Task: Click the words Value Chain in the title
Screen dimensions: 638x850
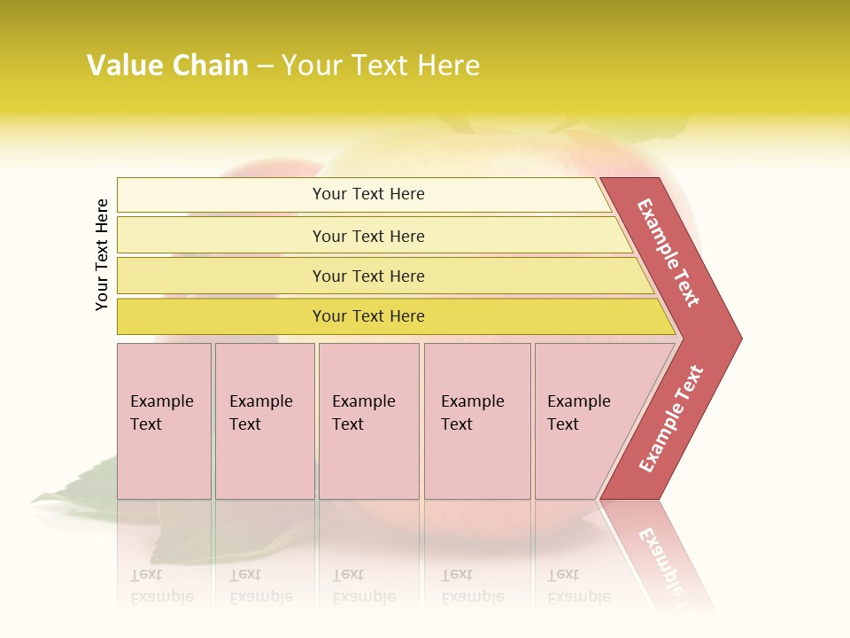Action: tap(167, 66)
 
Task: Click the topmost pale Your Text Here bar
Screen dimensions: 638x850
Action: tap(368, 194)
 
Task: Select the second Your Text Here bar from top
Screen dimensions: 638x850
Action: tap(368, 236)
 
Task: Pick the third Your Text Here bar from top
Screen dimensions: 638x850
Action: tap(368, 276)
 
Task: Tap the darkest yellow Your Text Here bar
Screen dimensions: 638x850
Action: tap(368, 316)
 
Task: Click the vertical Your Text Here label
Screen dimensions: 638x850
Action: tap(102, 254)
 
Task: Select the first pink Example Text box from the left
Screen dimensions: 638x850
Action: tap(164, 421)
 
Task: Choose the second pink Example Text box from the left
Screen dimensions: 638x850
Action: tap(264, 421)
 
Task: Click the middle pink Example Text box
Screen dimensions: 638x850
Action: tap(368, 421)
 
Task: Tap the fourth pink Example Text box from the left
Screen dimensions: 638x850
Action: tap(476, 421)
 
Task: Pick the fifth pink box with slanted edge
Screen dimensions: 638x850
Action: tap(584, 421)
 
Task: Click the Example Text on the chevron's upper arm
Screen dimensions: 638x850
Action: tap(668, 253)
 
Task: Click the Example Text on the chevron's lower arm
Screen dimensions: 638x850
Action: tap(671, 418)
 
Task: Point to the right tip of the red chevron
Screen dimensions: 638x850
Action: tap(739, 338)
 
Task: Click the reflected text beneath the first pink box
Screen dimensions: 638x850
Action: tap(161, 586)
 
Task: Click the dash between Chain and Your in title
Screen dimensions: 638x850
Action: tap(265, 66)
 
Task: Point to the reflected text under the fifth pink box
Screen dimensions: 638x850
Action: tap(578, 586)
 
